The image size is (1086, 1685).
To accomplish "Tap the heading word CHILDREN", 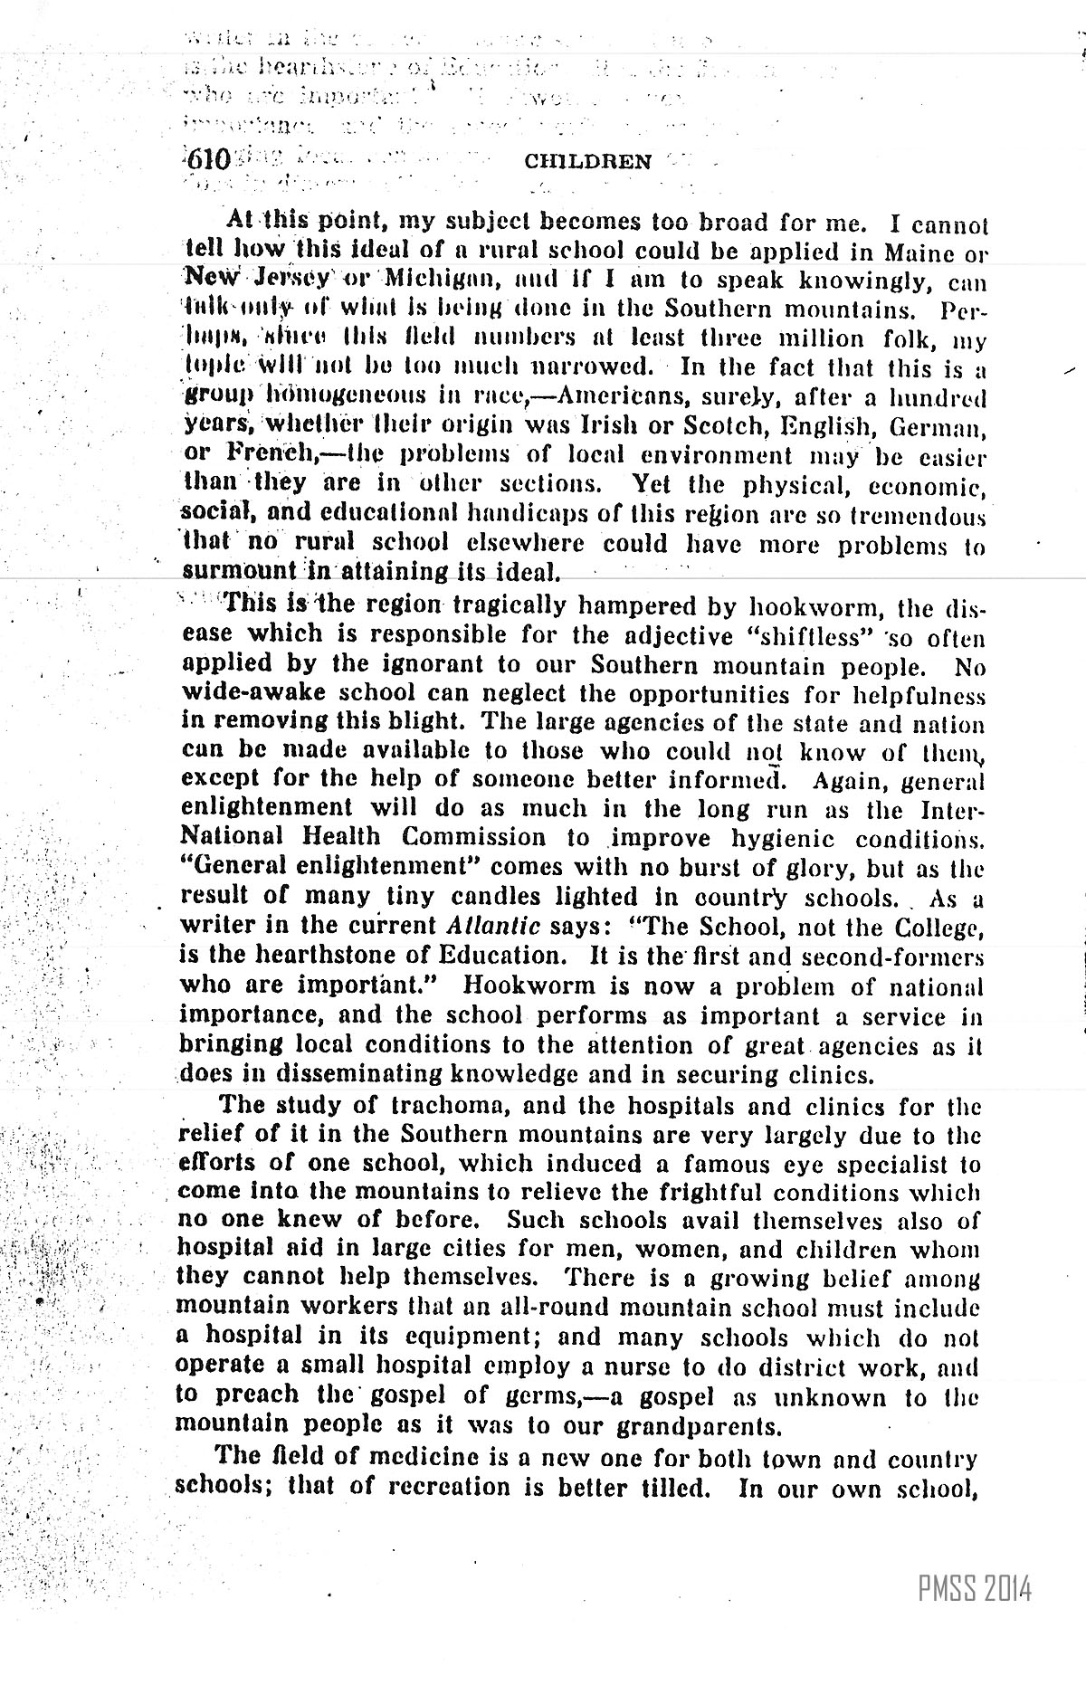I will click(587, 162).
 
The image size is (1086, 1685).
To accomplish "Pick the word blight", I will click(431, 722).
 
